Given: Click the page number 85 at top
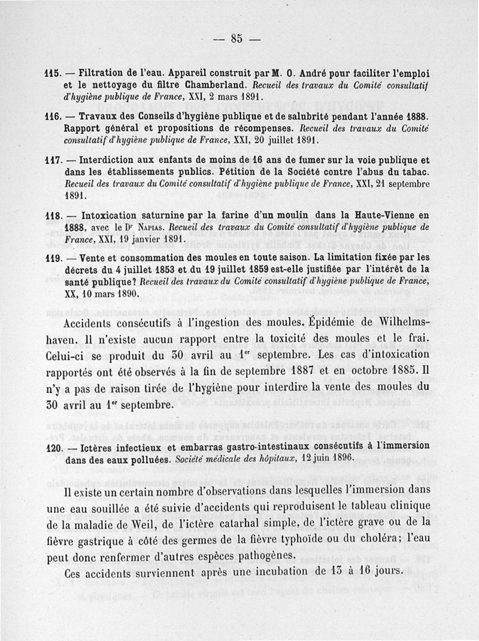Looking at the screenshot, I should [x=237, y=39].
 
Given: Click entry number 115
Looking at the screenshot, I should [x=54, y=74].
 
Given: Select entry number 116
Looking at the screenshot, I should [x=54, y=117].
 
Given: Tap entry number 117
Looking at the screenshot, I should [x=54, y=162].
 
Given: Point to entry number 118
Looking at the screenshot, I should [x=54, y=216].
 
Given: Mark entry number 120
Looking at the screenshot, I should [x=54, y=448].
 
